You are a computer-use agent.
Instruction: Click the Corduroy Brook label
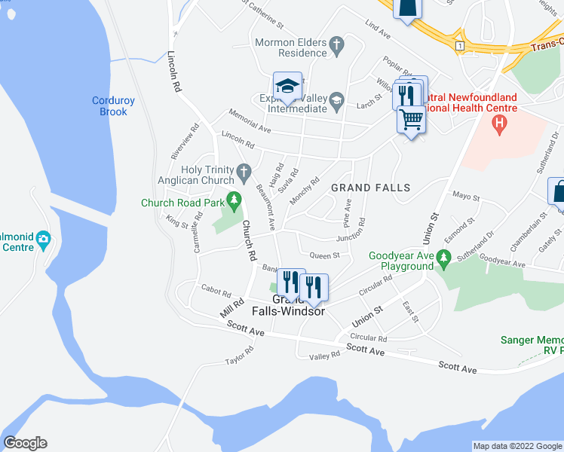[109, 105]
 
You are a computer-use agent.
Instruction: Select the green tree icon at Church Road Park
[234, 201]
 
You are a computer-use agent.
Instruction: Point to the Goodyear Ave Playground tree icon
[443, 261]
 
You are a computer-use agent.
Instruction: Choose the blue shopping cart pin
[411, 120]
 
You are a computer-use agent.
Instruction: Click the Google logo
[25, 443]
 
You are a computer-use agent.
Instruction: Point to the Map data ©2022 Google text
[516, 446]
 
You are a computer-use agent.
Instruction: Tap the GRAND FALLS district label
[369, 188]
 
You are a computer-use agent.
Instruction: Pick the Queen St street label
[326, 255]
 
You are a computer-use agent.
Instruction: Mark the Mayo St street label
[465, 197]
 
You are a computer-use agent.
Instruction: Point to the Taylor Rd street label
[241, 354]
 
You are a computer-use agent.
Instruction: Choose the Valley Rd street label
[324, 355]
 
